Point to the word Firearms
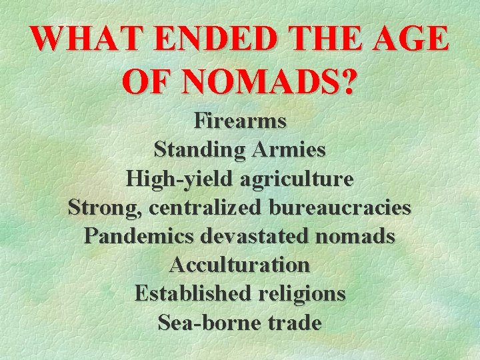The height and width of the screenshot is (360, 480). tap(240, 121)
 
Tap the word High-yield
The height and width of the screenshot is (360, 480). tap(175, 179)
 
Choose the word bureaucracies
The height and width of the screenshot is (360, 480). tap(339, 207)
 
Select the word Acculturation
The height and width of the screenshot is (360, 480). tap(240, 265)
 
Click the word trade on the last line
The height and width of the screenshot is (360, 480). tap(293, 323)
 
